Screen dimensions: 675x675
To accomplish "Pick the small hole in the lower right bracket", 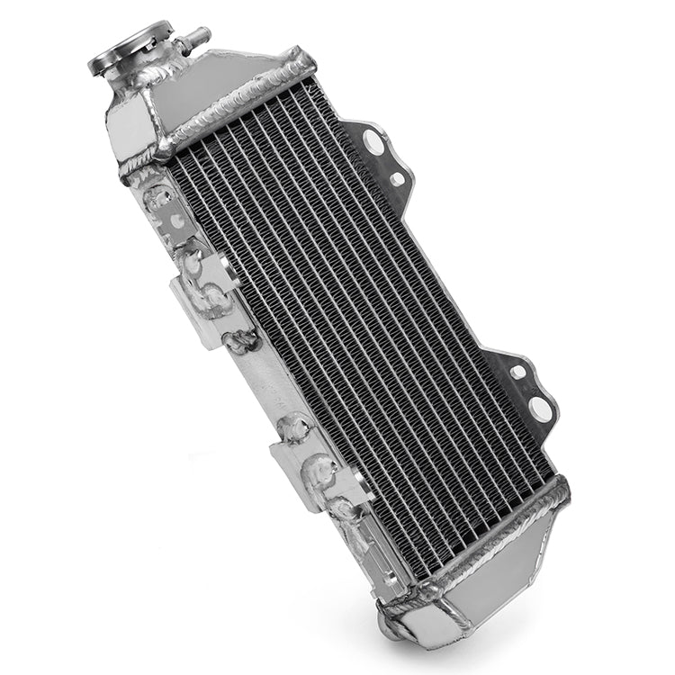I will pyautogui.click(x=518, y=370).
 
